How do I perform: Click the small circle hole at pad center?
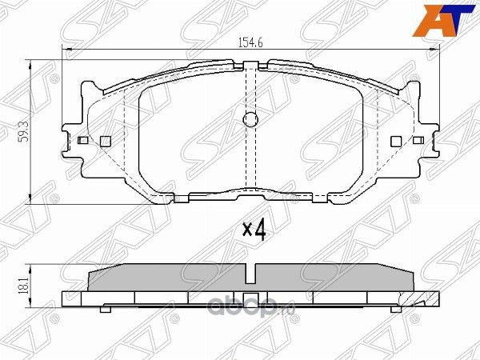(250, 121)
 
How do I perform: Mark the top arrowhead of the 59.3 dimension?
(31, 62)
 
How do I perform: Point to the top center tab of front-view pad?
(250, 64)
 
